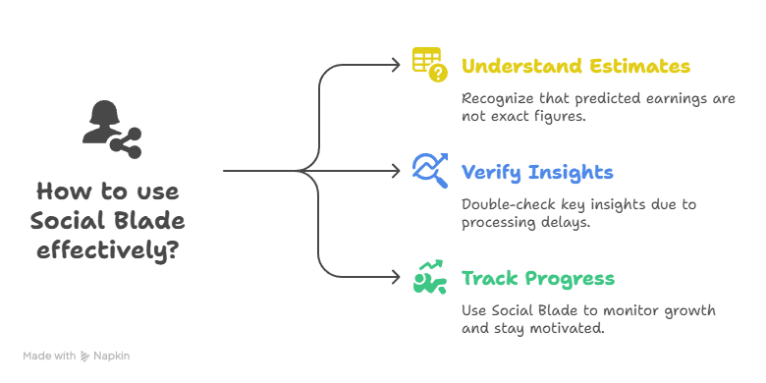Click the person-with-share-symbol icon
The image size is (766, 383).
[x=111, y=127]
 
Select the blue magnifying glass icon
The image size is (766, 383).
[x=430, y=171]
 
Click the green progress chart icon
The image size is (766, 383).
[x=429, y=278]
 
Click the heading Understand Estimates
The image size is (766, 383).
[x=575, y=67]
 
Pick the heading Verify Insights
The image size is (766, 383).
[x=537, y=173]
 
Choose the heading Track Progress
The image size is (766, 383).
[x=537, y=278]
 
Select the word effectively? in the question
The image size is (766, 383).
[x=108, y=248]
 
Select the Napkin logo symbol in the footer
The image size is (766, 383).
[x=86, y=356]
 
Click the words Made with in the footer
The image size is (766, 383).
[x=49, y=356]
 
